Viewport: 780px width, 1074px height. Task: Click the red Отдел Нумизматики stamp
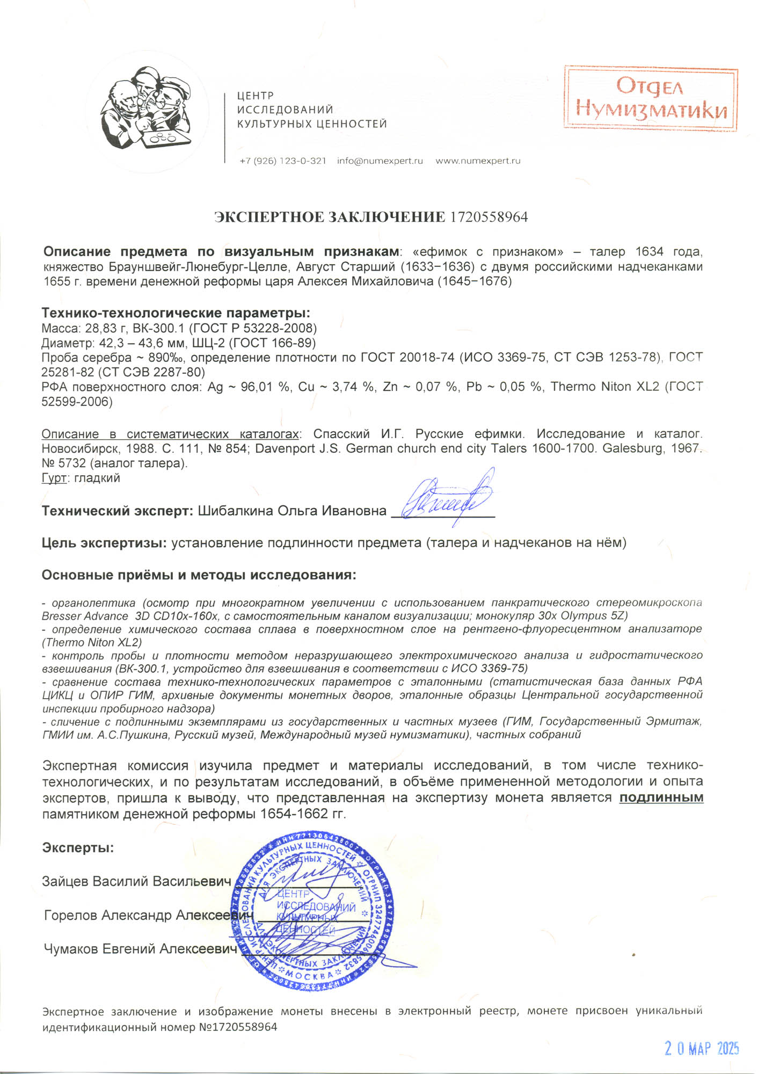coord(651,99)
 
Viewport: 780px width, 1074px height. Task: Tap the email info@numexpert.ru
coord(380,161)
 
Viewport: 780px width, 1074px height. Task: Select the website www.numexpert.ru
coord(478,161)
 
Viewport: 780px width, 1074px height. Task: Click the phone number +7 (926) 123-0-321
coord(283,161)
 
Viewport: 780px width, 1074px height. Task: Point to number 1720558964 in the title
coord(489,217)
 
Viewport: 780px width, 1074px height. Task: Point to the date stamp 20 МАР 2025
coord(702,1048)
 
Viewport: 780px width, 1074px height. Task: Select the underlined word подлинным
coord(661,797)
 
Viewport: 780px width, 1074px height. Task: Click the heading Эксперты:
coord(78,848)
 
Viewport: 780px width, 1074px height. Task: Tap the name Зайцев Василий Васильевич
coord(136,881)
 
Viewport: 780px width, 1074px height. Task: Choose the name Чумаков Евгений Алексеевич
coord(140,949)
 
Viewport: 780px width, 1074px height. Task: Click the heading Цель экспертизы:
coord(104,543)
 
